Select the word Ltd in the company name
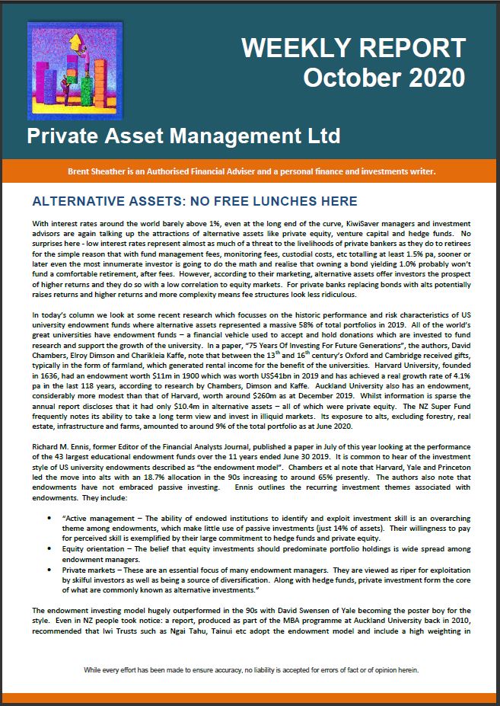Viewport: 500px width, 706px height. (x=323, y=138)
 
